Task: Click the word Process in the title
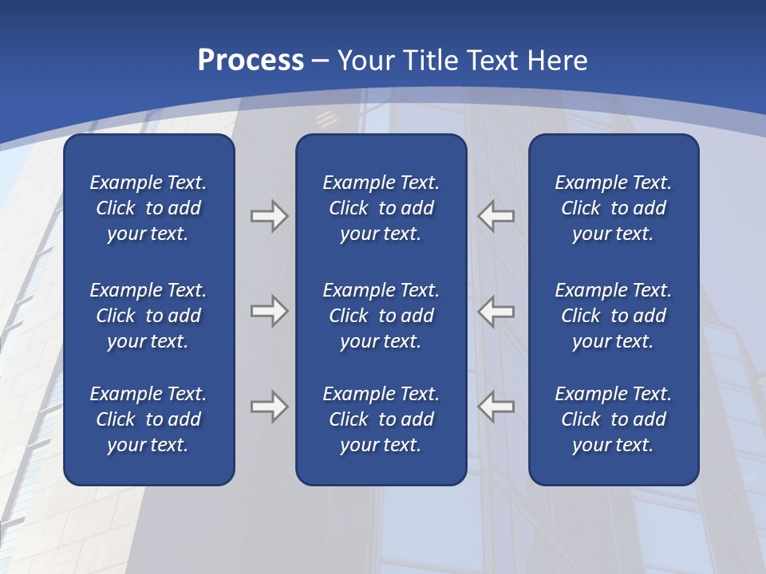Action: tap(251, 61)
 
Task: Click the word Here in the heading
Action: tap(559, 61)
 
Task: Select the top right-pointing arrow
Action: tap(269, 216)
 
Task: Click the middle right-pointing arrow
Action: tap(269, 311)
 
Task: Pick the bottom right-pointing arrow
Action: tap(269, 407)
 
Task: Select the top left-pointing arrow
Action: tap(496, 216)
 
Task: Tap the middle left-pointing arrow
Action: tap(496, 311)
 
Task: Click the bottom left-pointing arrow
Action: tap(496, 407)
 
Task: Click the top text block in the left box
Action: tap(148, 208)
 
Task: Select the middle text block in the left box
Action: tap(148, 316)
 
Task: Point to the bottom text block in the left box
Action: tap(148, 419)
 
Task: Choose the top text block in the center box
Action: tap(381, 208)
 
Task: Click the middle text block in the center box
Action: tap(381, 316)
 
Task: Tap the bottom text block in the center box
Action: tap(381, 419)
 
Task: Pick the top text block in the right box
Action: tap(613, 208)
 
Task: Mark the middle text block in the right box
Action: tap(613, 316)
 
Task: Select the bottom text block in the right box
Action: tap(613, 419)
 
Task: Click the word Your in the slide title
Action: tap(368, 61)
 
